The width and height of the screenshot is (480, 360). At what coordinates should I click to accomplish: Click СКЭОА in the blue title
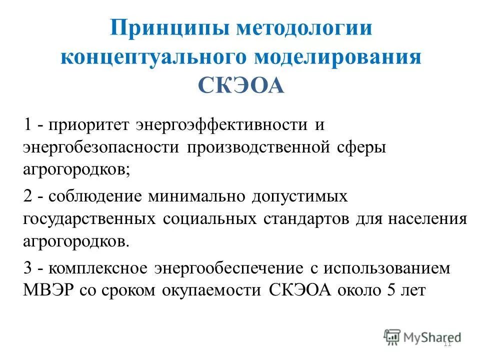coord(240,85)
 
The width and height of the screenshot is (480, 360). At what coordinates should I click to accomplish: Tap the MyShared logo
coord(422,336)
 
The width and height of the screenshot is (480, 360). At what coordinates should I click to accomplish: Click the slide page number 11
coord(447,343)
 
